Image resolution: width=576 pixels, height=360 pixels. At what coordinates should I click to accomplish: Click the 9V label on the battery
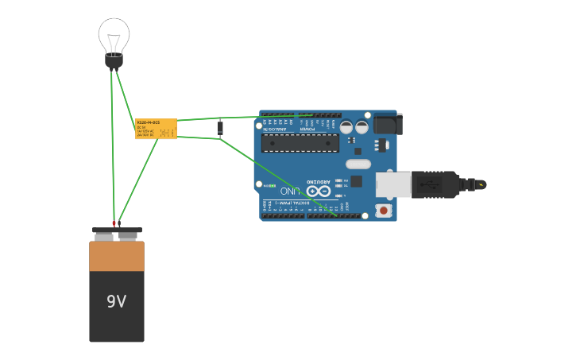tap(117, 301)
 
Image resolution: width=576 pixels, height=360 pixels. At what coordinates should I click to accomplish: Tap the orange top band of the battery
tap(117, 256)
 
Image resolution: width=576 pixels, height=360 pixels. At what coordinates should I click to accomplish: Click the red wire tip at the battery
tap(114, 223)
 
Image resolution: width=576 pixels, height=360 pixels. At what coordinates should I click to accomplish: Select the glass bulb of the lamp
tap(114, 35)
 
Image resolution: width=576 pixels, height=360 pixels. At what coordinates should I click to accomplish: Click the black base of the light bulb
tap(114, 61)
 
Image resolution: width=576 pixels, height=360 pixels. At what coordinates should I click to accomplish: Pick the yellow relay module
tap(156, 129)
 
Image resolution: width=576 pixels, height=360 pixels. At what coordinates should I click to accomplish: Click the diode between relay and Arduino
tap(220, 128)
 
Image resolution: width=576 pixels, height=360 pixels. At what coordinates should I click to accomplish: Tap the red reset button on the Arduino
tap(384, 211)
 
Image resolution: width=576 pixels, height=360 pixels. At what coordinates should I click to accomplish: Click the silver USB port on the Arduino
tap(392, 184)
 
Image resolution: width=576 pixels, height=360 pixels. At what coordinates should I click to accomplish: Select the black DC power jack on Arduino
tap(388, 124)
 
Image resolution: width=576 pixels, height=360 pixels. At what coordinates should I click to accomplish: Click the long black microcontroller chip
tap(300, 143)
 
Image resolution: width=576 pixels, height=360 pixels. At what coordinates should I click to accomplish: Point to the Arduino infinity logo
tap(318, 191)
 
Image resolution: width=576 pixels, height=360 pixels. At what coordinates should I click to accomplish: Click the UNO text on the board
tap(290, 191)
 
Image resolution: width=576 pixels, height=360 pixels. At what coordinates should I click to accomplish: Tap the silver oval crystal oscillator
tap(358, 164)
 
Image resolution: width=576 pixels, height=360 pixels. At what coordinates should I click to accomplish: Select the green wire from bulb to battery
tap(113, 143)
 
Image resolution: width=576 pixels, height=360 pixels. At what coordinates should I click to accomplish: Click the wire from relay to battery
tap(138, 180)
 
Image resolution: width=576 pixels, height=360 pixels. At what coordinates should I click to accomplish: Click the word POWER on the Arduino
tap(309, 128)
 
